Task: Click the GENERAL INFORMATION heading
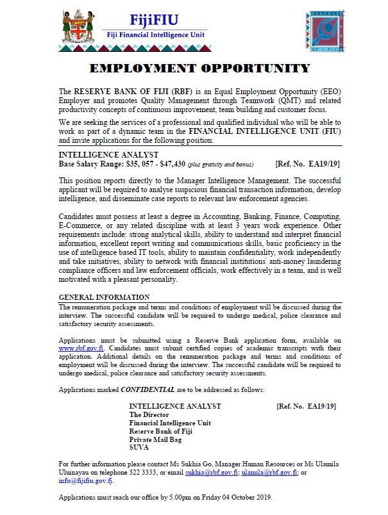[x=104, y=297]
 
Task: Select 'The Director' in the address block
[x=149, y=414]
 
